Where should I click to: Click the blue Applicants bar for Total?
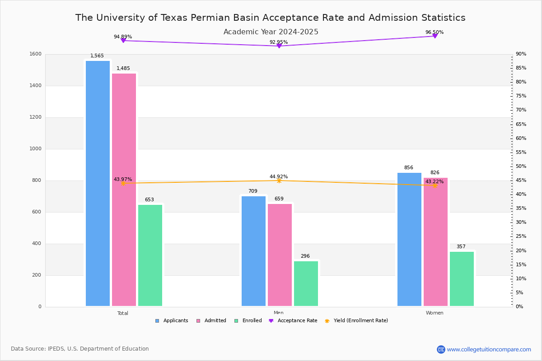(x=98, y=183)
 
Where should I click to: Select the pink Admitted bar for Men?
(x=280, y=255)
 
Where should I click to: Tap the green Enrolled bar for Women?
(x=462, y=278)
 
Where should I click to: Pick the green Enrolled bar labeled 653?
(x=150, y=255)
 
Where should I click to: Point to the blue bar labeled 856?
(x=409, y=239)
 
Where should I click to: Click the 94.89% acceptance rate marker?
(x=123, y=41)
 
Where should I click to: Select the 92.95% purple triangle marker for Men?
(x=279, y=46)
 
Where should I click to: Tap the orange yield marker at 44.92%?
(x=279, y=180)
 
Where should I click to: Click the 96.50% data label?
(x=435, y=32)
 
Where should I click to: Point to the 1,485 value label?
(x=123, y=69)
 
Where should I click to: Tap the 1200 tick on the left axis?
(x=36, y=117)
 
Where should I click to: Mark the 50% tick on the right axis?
(x=521, y=167)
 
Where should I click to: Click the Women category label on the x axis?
(x=435, y=313)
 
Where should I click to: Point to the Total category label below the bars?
(x=123, y=313)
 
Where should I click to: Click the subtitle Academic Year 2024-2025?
(x=271, y=32)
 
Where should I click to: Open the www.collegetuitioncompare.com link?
(x=489, y=349)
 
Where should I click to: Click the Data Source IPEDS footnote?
(x=80, y=349)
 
